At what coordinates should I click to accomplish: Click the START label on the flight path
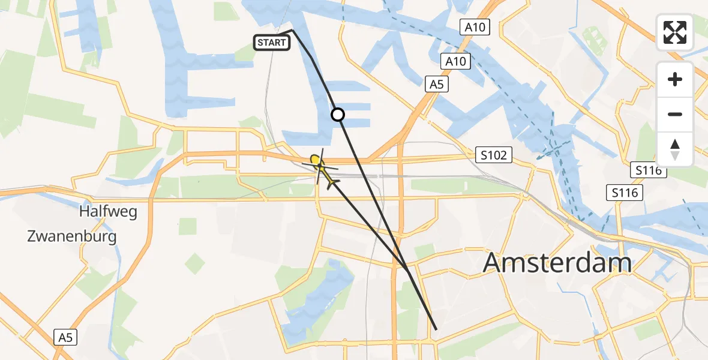272,43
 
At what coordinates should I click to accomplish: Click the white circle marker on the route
338,114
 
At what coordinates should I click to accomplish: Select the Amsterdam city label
557,263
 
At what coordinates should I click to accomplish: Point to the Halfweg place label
108,212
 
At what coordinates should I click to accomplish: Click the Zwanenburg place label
72,236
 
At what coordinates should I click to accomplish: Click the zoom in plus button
675,79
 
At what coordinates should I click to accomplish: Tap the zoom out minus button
675,114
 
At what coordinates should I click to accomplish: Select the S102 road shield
493,155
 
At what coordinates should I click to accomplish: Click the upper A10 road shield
475,27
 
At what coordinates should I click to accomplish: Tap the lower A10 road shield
456,61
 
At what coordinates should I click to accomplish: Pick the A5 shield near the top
436,85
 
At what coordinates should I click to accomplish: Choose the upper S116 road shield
646,171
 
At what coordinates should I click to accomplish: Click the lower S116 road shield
625,193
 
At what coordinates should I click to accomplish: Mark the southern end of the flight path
436,329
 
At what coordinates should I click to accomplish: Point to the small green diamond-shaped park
194,263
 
